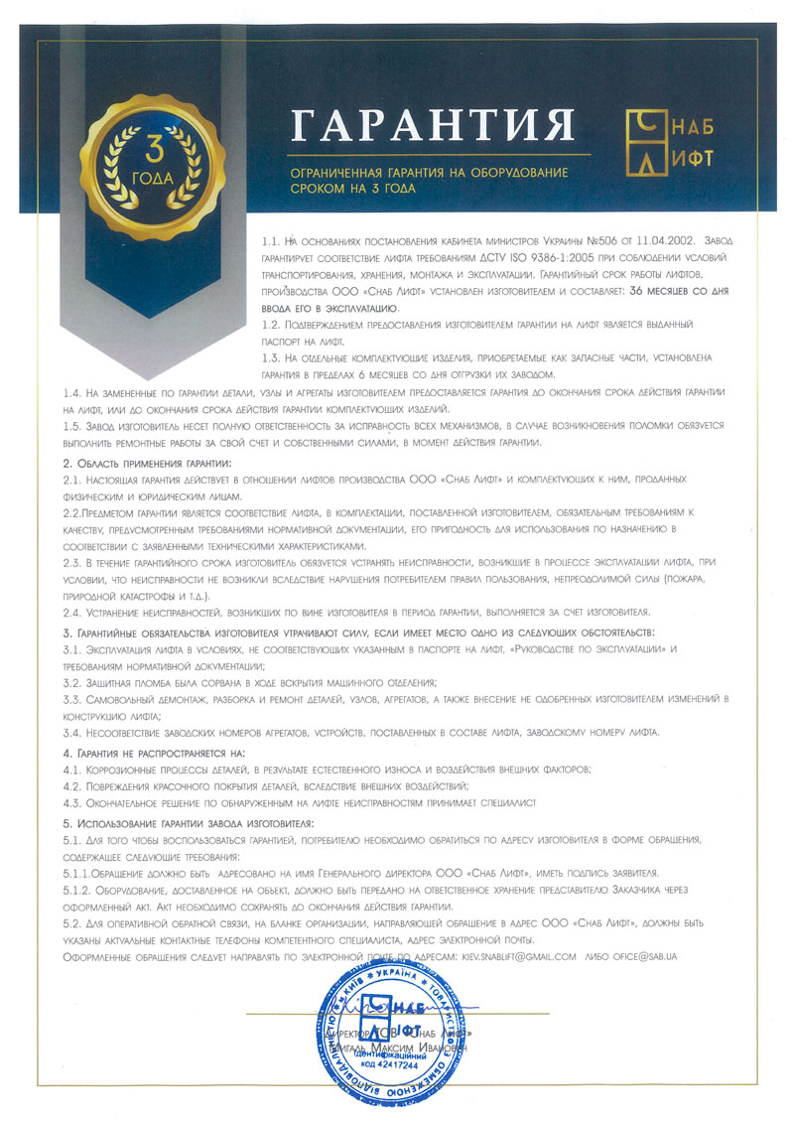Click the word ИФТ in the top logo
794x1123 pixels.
click(693, 158)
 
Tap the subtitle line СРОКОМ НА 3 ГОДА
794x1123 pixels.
click(352, 187)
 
